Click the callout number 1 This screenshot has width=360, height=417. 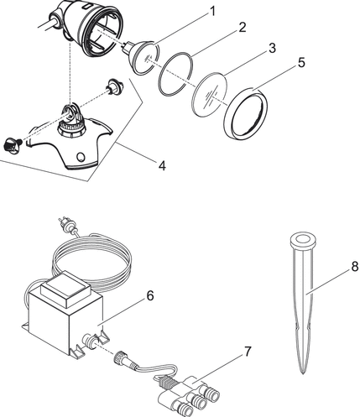pos(212,12)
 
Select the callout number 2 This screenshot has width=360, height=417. pos(242,28)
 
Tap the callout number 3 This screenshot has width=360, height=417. pos(272,48)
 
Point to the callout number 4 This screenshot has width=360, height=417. pos(162,165)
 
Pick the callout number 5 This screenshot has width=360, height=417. pos(301,62)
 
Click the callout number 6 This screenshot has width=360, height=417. pos(150,295)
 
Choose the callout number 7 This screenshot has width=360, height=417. pos(248,352)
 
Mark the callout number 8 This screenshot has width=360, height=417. pos(355,267)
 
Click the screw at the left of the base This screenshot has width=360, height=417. pos(11,144)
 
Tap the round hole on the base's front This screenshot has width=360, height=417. pos(81,156)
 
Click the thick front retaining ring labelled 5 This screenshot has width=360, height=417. pos(246,113)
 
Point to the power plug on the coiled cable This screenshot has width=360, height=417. pos(66,225)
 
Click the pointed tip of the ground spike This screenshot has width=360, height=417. pos(303,373)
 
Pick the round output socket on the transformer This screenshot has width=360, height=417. pos(90,341)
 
